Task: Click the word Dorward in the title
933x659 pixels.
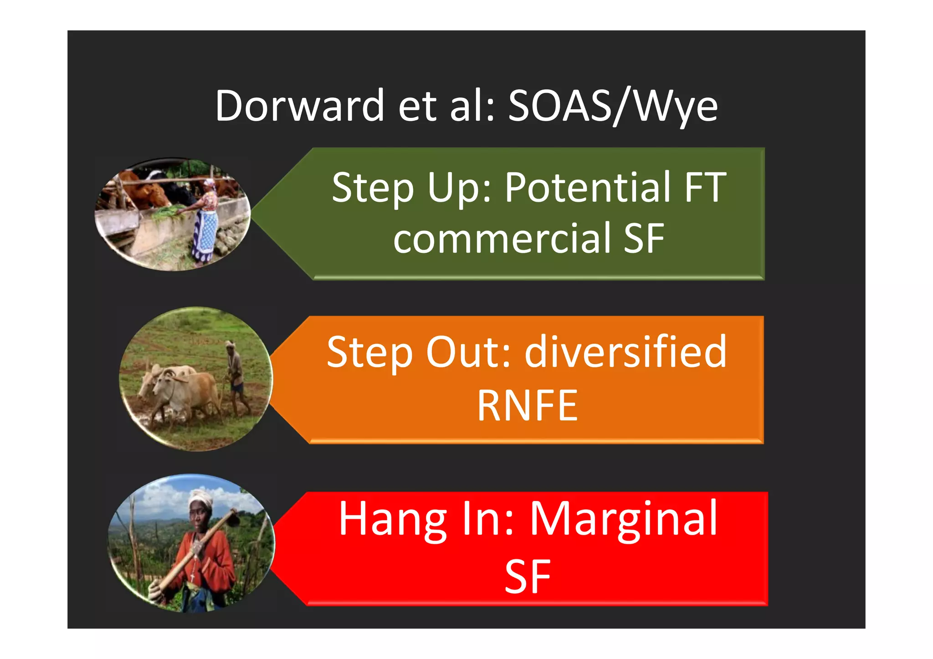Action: tap(300, 106)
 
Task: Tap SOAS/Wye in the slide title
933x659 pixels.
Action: tap(613, 106)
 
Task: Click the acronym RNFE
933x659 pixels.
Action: tap(527, 405)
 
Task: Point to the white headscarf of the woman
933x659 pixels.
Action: tap(200, 496)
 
